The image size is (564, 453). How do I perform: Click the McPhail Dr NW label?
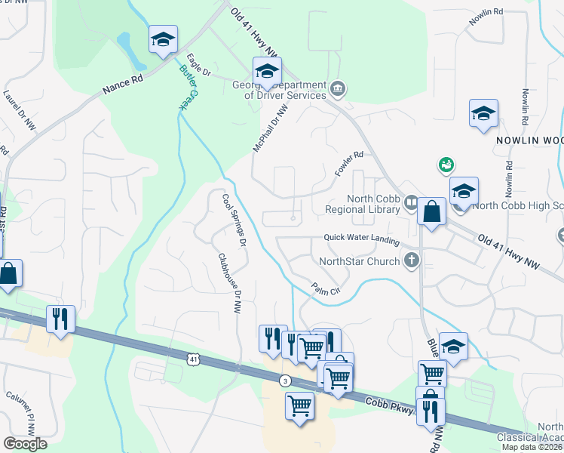[x=271, y=130]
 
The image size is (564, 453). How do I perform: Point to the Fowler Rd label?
[x=349, y=164]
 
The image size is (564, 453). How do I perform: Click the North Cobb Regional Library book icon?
[x=411, y=202]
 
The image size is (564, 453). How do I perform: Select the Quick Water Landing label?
[x=361, y=237]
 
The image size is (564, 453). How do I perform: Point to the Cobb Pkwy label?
[x=390, y=406]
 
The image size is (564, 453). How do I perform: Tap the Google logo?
[x=25, y=444]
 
